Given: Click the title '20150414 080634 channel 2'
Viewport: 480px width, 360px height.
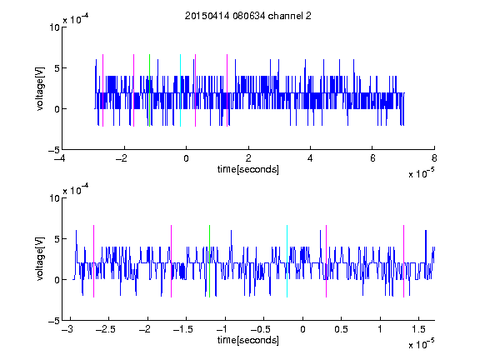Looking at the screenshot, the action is (248, 16).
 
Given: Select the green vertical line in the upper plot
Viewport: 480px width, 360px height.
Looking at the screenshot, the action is (149, 90).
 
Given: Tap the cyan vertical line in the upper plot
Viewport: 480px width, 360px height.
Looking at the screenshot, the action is (180, 90).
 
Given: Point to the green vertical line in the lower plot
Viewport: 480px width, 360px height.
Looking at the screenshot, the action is (209, 261).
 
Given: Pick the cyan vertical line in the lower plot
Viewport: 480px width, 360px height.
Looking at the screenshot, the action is (287, 261).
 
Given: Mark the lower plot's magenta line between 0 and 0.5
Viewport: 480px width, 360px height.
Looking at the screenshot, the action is (326, 261).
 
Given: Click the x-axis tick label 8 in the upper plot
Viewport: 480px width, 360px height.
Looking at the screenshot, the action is (434, 158).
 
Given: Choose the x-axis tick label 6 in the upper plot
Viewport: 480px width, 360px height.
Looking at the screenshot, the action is (372, 158).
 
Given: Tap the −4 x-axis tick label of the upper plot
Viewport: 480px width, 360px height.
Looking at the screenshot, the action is (59, 158).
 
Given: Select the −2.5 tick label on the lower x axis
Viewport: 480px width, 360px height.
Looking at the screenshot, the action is (105, 329).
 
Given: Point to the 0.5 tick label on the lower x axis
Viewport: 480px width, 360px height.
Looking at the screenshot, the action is (341, 329).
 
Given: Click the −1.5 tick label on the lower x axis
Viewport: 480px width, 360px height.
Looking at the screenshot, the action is (183, 329).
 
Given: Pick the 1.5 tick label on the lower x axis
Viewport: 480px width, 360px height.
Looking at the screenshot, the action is (418, 329).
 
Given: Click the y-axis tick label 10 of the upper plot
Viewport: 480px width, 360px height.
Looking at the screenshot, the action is (55, 27).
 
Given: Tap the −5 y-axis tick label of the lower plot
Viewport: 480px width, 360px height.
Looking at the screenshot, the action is (54, 321).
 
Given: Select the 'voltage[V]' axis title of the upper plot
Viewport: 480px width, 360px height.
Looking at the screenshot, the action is (40, 88).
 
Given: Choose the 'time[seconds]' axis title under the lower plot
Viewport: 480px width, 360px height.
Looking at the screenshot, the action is (248, 340).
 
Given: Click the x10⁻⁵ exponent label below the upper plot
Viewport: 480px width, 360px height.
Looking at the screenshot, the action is (421, 173).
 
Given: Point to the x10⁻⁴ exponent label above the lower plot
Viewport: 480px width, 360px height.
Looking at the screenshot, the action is (76, 190).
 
